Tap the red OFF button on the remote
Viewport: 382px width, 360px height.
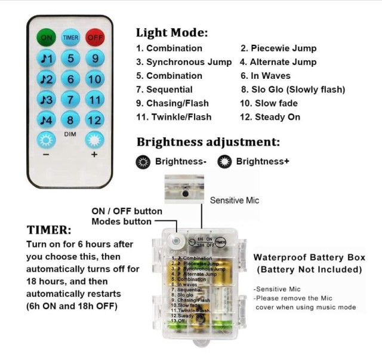pyautogui.click(x=94, y=38)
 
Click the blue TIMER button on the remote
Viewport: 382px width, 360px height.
pyautogui.click(x=70, y=38)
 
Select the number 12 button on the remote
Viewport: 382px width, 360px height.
pyautogui.click(x=94, y=119)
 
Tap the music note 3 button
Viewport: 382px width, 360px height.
pyautogui.click(x=47, y=99)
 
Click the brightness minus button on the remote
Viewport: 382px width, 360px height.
pyautogui.click(x=47, y=140)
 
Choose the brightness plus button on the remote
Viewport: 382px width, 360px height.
pyautogui.click(x=94, y=140)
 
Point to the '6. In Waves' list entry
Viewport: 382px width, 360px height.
pyautogui.click(x=266, y=76)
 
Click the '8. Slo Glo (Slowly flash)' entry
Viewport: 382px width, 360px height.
pyautogui.click(x=293, y=90)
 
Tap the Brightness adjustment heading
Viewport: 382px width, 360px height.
pyautogui.click(x=208, y=142)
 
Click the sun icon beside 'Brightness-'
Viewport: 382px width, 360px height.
pyautogui.click(x=143, y=162)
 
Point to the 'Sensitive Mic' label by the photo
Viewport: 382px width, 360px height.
pyautogui.click(x=235, y=201)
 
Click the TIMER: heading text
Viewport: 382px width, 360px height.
pyautogui.click(x=49, y=230)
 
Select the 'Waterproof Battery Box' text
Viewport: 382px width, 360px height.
pyautogui.click(x=309, y=258)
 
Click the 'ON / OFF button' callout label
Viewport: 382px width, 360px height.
pyautogui.click(x=127, y=211)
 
